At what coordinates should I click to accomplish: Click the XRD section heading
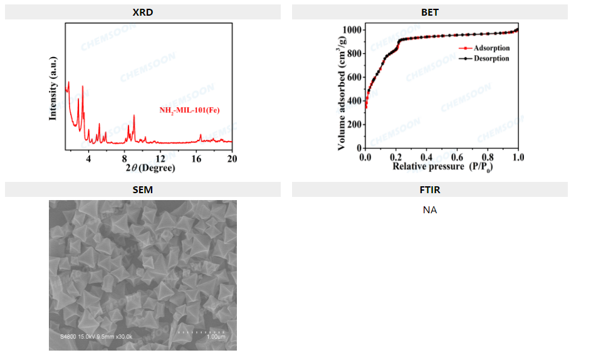(x=142, y=12)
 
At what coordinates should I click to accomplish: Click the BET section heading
(x=429, y=12)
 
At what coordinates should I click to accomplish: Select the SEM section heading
(x=142, y=189)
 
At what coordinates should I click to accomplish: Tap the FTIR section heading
(x=429, y=189)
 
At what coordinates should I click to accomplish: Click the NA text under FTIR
(x=429, y=210)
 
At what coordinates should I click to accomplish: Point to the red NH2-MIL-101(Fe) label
(x=189, y=110)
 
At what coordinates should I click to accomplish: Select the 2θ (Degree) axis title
(x=150, y=168)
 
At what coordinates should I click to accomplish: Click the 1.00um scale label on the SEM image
(x=215, y=337)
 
